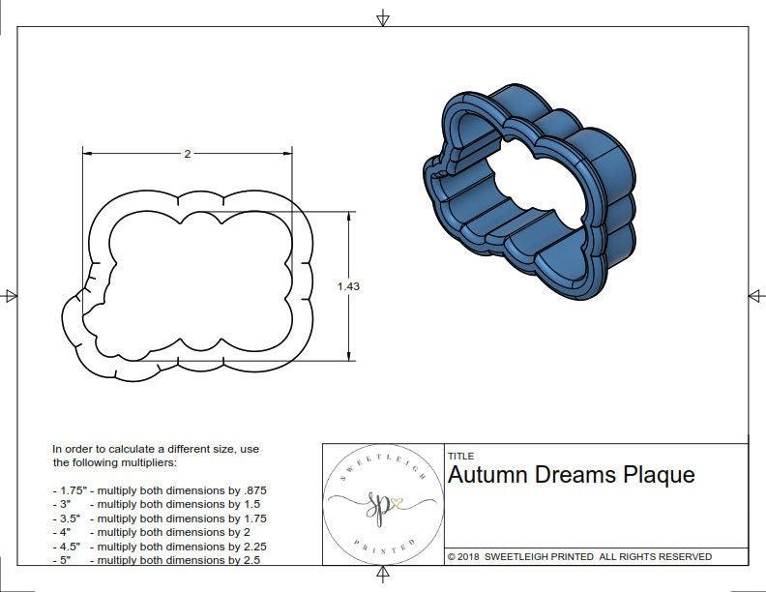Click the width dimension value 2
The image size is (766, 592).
tap(186, 154)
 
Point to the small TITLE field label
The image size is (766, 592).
tap(459, 456)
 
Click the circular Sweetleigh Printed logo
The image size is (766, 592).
tap(380, 504)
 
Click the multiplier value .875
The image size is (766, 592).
tap(264, 490)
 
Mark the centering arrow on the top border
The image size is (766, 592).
tap(383, 18)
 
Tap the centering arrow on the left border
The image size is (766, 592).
tap(11, 295)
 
